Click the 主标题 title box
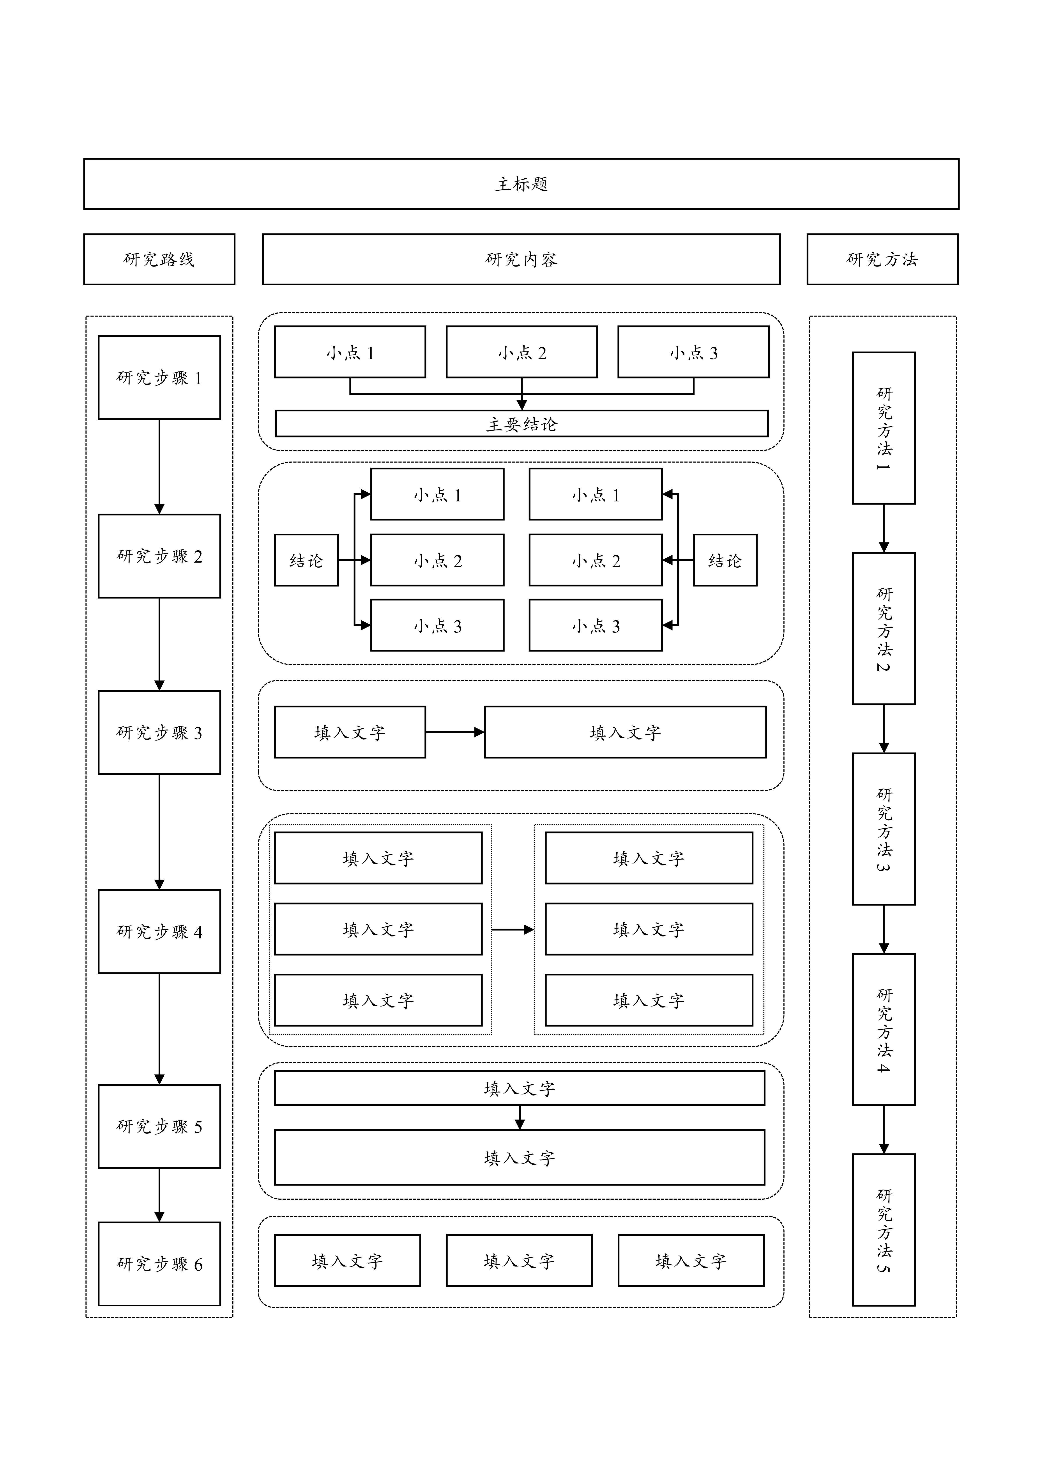click(x=521, y=184)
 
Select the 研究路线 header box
click(x=159, y=259)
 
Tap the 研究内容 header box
click(x=521, y=259)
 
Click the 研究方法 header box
click(x=882, y=259)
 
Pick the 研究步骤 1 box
click(x=159, y=377)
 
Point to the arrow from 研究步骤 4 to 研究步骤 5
click(x=159, y=1028)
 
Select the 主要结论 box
click(x=521, y=424)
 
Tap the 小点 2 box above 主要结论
click(x=521, y=352)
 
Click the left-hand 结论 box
click(x=306, y=560)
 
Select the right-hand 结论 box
click(x=725, y=560)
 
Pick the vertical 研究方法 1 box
click(x=884, y=428)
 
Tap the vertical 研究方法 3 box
click(x=884, y=829)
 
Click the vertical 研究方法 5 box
click(x=884, y=1230)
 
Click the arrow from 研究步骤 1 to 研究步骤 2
click(x=159, y=466)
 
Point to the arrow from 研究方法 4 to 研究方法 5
click(x=884, y=1130)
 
